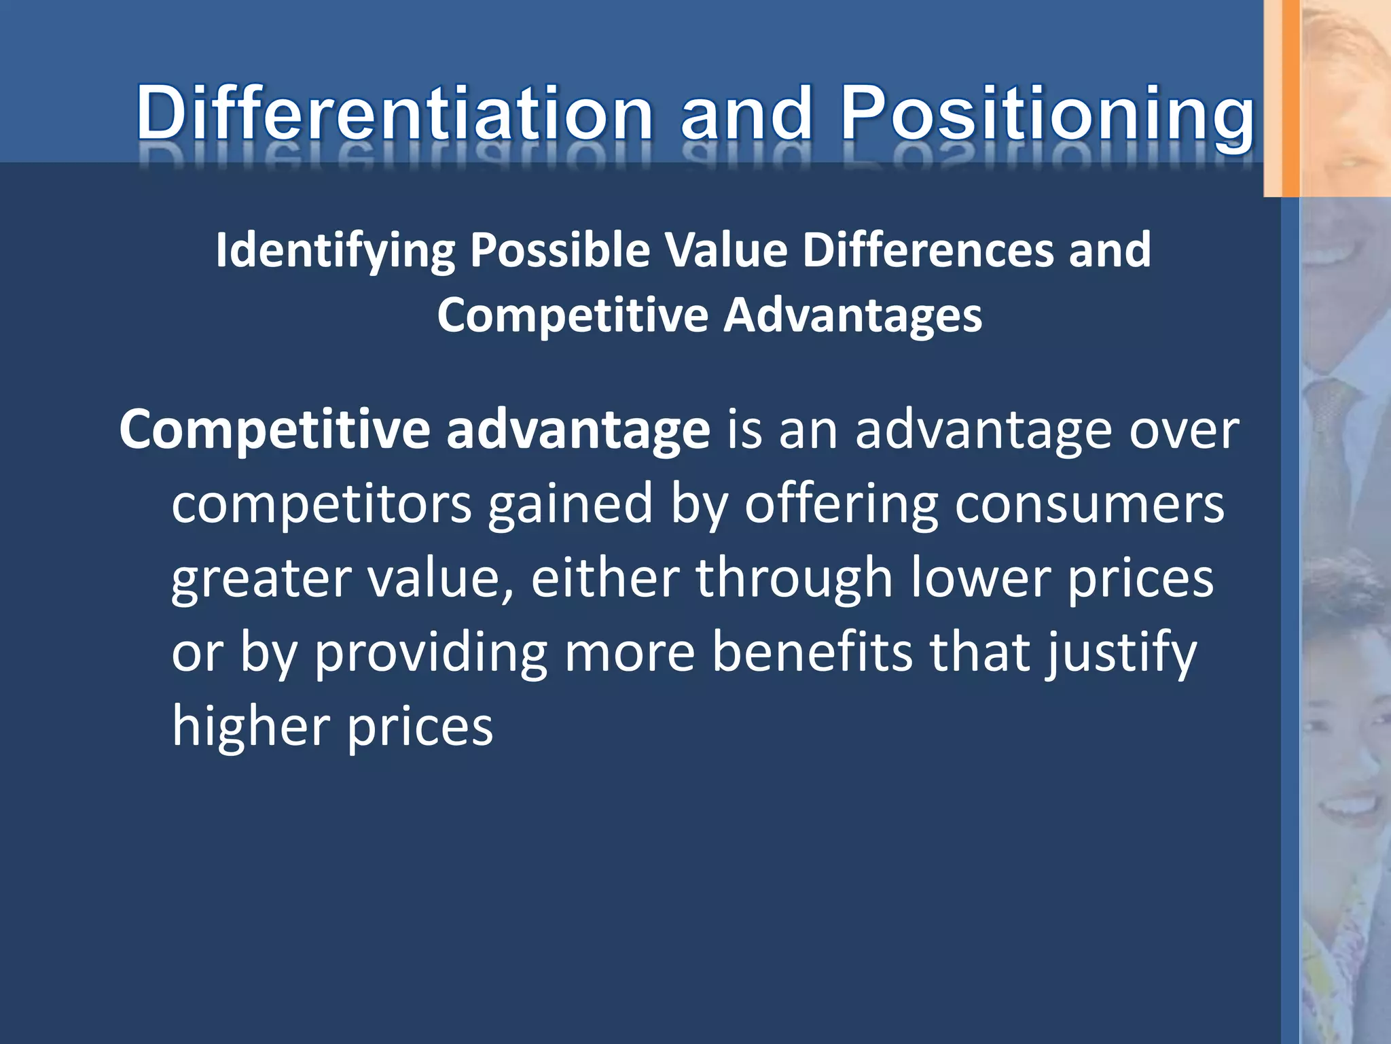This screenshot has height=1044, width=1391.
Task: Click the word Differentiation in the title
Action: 394,112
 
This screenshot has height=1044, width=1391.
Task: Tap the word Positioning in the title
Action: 1046,112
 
